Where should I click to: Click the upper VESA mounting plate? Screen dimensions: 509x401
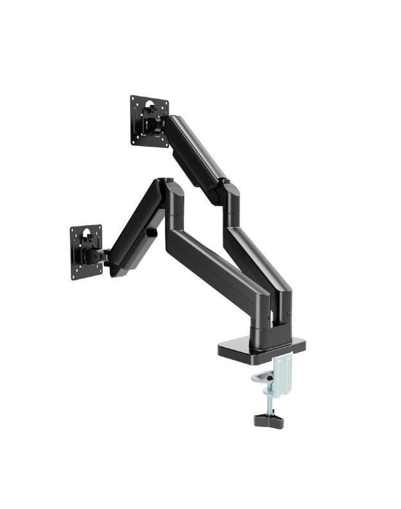coord(149,120)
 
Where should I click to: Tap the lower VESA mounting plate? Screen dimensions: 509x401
coord(86,252)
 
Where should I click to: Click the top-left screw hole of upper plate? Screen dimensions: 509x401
coord(135,101)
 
